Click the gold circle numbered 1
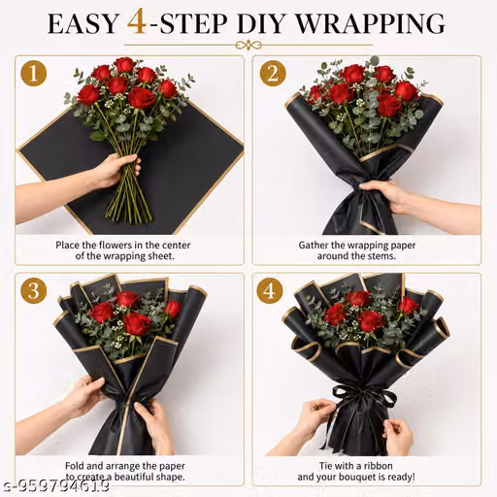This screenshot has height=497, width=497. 34,73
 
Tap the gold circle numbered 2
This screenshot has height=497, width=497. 273,73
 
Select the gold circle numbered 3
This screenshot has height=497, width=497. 34,290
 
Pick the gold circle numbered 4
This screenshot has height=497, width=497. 270,290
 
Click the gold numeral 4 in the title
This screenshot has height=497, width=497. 138,23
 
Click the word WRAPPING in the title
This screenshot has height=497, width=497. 371,24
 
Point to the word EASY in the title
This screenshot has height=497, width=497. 83,24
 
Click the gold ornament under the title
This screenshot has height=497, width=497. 248,46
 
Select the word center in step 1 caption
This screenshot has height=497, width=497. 175,245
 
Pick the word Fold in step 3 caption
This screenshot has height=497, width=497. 75,466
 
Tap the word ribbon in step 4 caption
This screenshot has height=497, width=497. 378,466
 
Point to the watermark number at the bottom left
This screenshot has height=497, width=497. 55,485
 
